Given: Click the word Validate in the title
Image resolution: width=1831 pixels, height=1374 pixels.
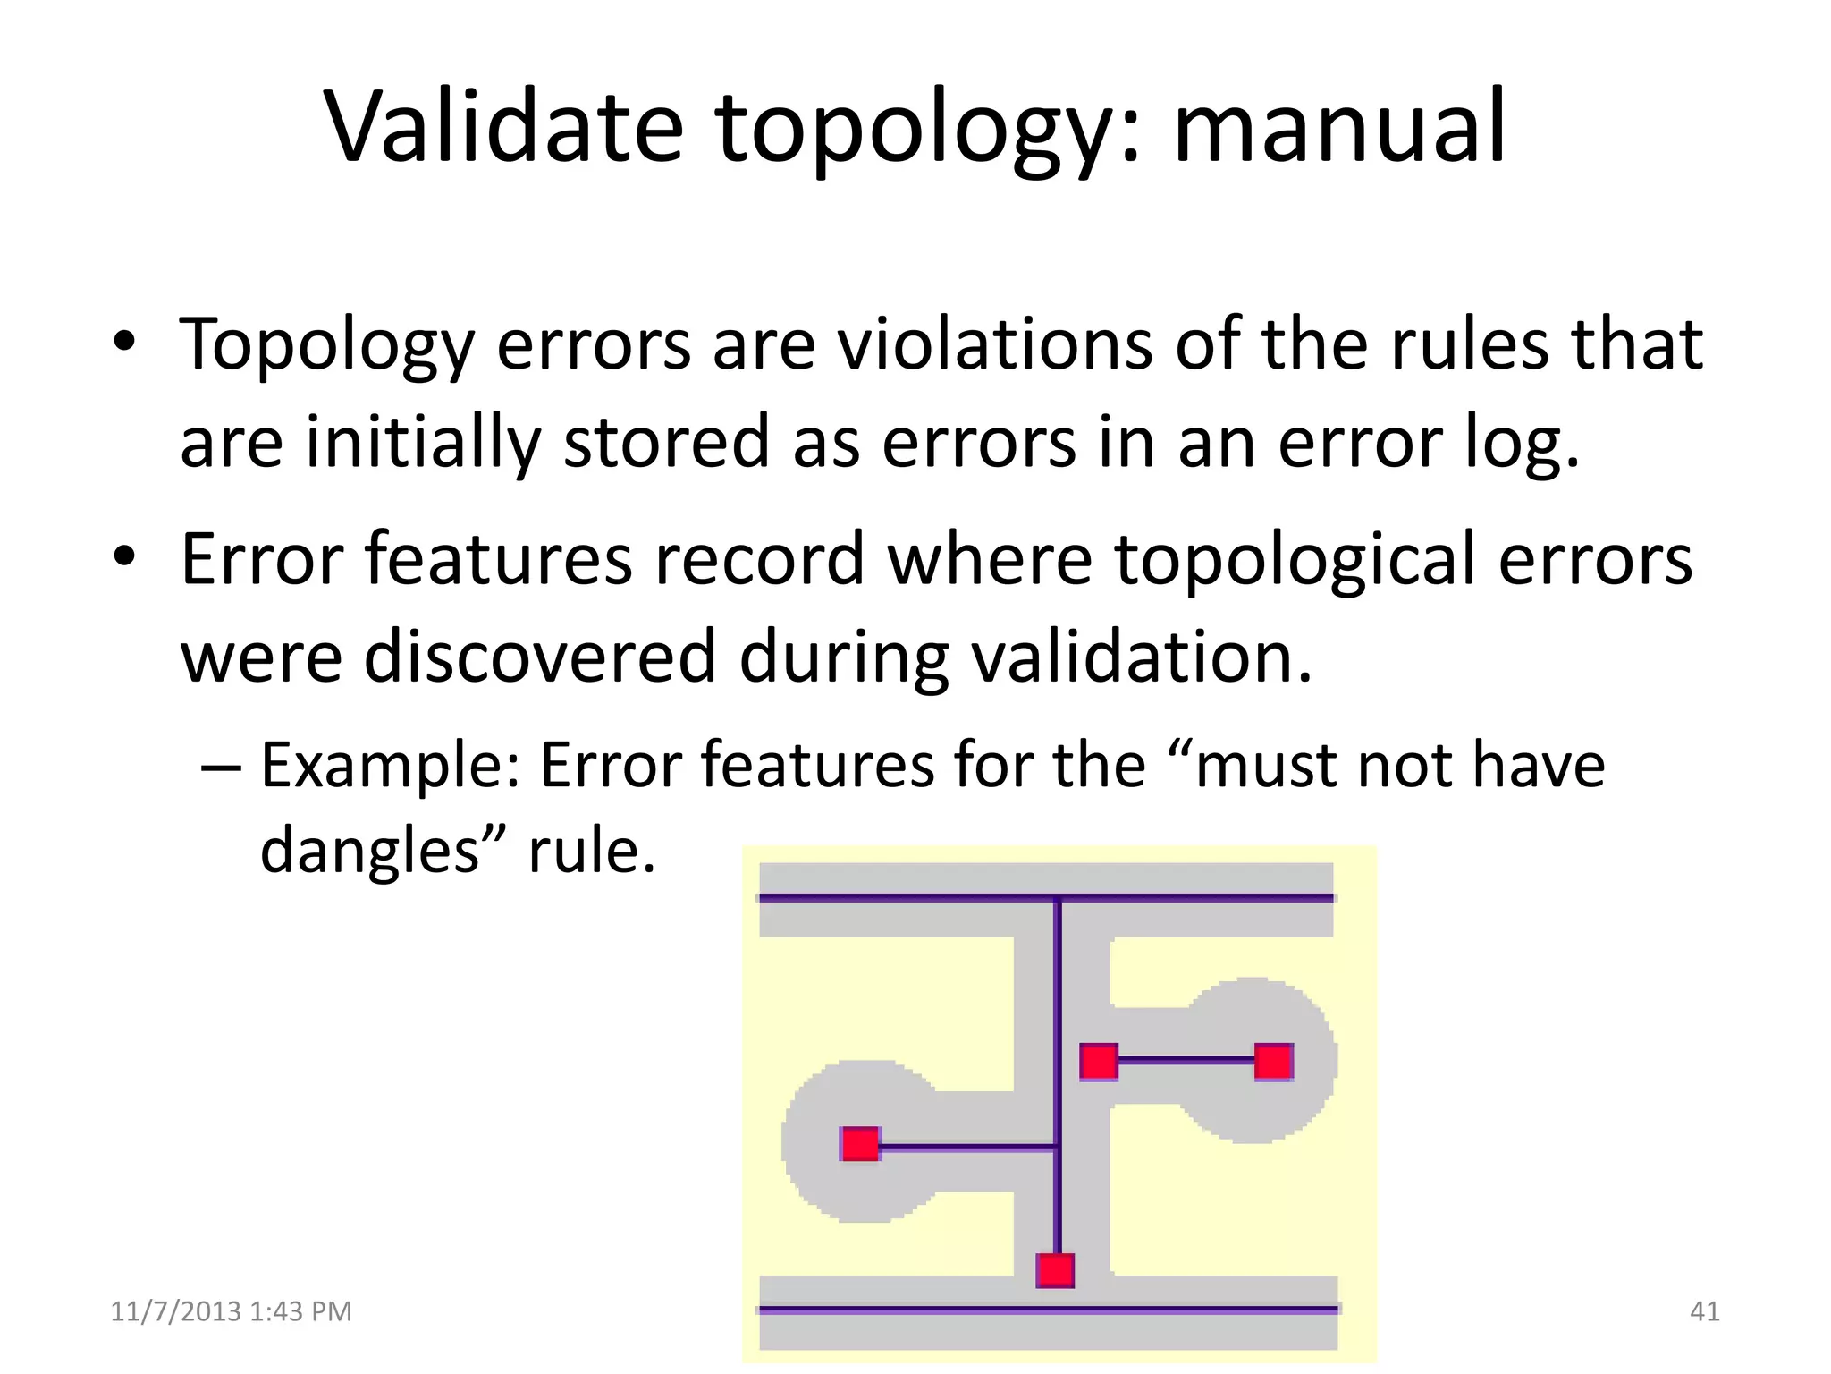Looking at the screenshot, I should click(502, 127).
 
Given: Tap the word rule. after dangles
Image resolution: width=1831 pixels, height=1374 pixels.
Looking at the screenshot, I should click(592, 850).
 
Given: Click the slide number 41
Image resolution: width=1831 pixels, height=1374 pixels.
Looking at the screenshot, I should click(1704, 1311).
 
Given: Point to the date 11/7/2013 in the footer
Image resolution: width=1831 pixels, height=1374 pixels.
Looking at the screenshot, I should click(175, 1311).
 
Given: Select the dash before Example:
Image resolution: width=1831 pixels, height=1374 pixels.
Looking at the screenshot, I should click(220, 768).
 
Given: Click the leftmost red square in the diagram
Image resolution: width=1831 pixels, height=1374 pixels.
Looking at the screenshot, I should click(861, 1144).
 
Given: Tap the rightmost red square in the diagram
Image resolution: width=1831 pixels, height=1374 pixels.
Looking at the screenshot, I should click(1273, 1062).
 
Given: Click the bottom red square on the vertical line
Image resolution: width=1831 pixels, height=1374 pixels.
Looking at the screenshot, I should click(1055, 1270).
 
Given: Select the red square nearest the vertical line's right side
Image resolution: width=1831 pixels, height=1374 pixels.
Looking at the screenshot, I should click(1099, 1062).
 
